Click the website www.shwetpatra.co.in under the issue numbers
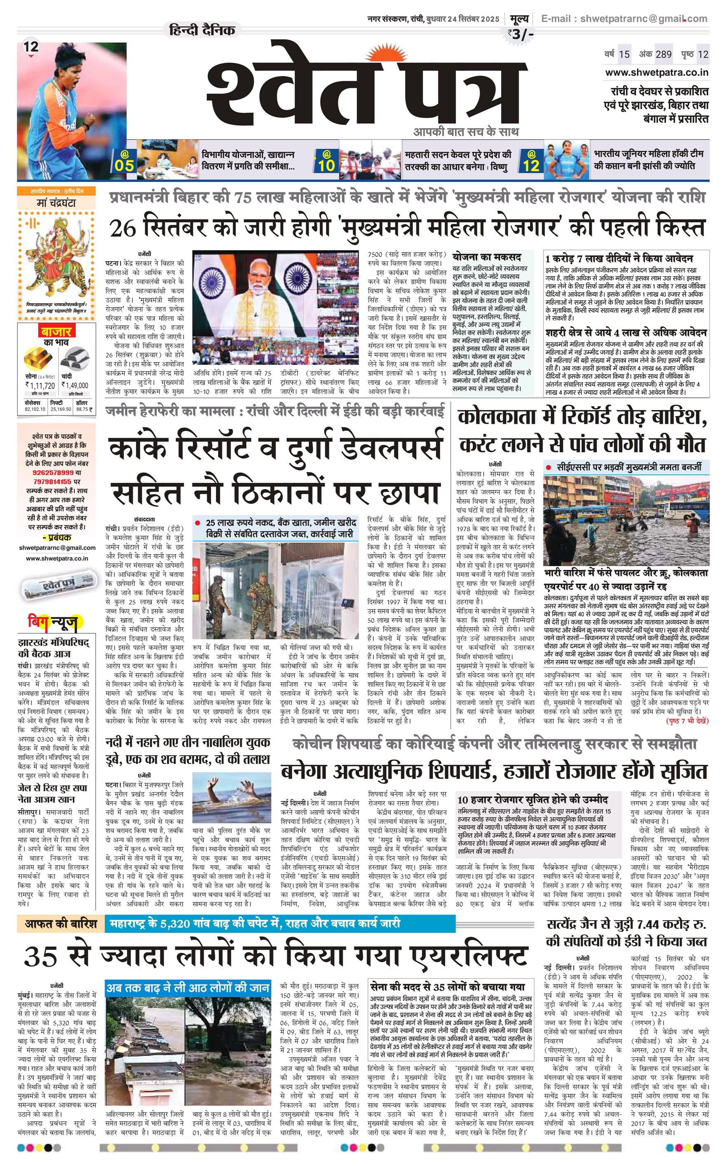pos(656,73)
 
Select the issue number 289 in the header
pos(664,54)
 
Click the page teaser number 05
pos(124,165)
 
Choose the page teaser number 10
pos(326,165)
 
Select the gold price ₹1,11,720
pos(40,385)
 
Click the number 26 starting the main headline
pos(124,228)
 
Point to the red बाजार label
pos(56,331)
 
